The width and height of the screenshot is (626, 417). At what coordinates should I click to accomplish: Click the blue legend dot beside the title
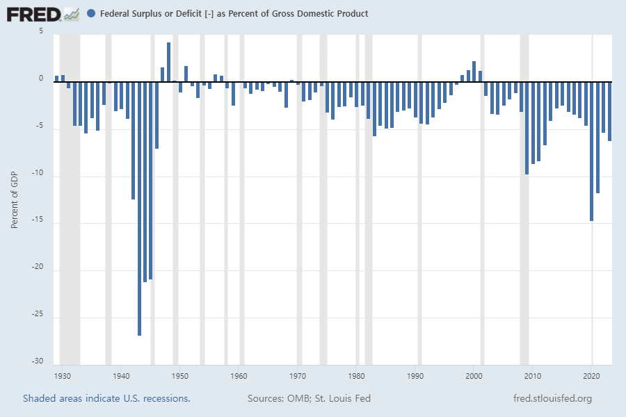click(92, 13)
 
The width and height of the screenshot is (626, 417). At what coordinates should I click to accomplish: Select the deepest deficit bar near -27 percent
click(139, 208)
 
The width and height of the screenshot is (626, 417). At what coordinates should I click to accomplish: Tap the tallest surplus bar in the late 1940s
click(168, 63)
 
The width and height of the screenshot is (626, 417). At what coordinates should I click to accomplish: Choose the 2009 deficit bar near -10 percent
click(527, 128)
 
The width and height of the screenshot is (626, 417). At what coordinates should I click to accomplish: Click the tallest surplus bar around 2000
click(474, 72)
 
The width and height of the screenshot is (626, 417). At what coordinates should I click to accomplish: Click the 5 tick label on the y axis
click(40, 32)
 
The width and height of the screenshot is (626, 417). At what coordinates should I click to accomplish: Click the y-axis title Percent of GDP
click(14, 199)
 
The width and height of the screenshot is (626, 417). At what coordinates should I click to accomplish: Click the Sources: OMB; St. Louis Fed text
click(309, 398)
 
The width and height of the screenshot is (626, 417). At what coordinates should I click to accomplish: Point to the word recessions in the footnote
click(165, 398)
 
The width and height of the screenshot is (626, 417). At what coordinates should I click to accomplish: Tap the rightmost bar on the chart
click(609, 111)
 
